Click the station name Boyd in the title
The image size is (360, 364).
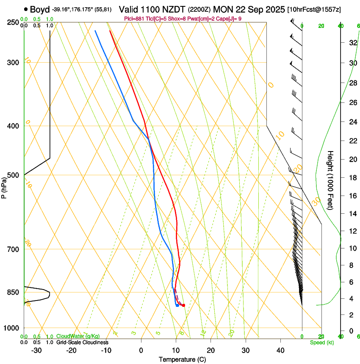coord(40,9)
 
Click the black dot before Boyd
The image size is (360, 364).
coord(26,9)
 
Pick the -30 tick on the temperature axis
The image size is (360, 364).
coord(36,350)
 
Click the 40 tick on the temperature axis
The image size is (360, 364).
coord(280,350)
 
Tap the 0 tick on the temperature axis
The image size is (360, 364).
coord(141,350)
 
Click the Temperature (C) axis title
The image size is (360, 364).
coord(182,359)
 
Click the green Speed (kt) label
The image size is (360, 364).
coord(321,342)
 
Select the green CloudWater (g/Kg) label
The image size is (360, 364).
coord(78,336)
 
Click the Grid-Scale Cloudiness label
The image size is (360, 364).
coord(82,342)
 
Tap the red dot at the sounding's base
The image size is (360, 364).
coord(183,305)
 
